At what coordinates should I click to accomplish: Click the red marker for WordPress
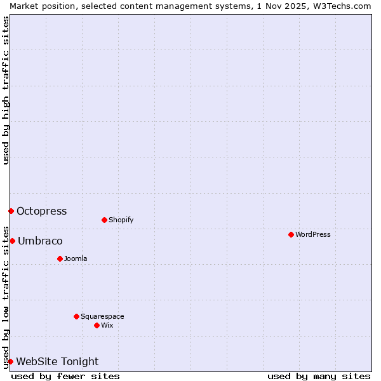point(291,234)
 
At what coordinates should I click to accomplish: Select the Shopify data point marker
point(104,220)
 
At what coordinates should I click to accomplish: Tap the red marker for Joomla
point(60,258)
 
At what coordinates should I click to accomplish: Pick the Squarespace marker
point(76,316)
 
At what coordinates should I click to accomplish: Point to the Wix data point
point(97,325)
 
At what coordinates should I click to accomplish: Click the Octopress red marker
point(11,211)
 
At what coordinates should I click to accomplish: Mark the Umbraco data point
point(12,241)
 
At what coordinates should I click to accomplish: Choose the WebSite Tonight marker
point(10,361)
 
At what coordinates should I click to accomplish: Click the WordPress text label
point(313,234)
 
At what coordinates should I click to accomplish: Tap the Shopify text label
point(121,220)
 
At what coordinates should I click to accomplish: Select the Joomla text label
point(76,258)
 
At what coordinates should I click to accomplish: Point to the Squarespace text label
point(102,316)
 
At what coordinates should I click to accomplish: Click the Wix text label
point(107,325)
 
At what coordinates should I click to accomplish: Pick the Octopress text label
point(42,211)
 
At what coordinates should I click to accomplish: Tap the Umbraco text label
point(40,241)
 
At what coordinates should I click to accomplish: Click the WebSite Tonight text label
point(57,362)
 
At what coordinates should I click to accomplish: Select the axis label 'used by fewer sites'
point(65,376)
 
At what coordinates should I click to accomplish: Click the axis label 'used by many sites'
point(319,376)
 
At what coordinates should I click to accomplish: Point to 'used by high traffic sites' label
point(6,90)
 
